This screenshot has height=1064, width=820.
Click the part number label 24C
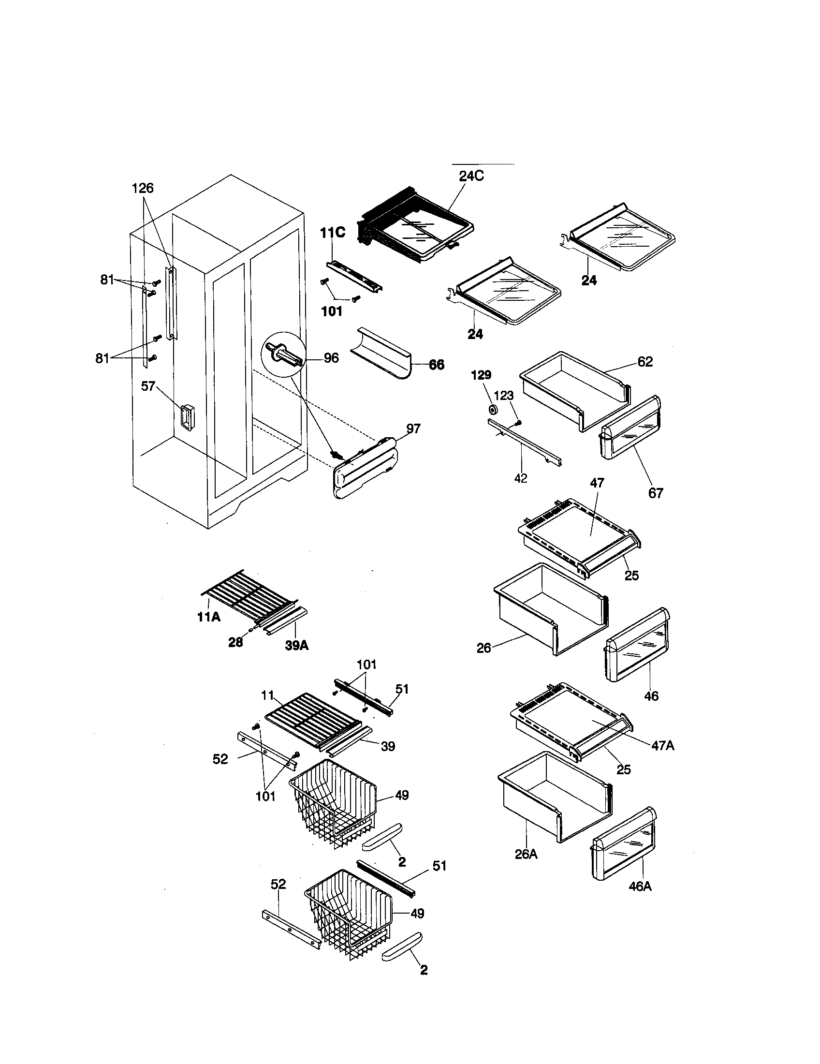pos(471,176)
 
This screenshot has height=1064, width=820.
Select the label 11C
pos(332,233)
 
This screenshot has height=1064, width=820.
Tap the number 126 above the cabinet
pos(143,188)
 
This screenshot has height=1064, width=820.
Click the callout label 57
pos(148,386)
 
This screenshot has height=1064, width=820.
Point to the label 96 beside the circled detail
pos(331,358)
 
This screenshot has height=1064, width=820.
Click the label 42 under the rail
pos(521,478)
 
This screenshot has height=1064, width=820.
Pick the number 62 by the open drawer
pos(644,362)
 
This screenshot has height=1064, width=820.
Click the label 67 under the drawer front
pos(656,493)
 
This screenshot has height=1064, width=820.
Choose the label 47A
pos(662,745)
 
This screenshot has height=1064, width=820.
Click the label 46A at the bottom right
pos(640,886)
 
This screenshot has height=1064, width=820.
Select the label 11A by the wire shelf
pos(208,617)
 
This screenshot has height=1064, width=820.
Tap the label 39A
pos(297,646)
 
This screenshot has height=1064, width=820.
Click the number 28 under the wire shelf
pos(235,643)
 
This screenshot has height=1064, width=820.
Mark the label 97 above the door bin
pos(413,429)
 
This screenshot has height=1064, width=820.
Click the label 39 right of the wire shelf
pos(388,746)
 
